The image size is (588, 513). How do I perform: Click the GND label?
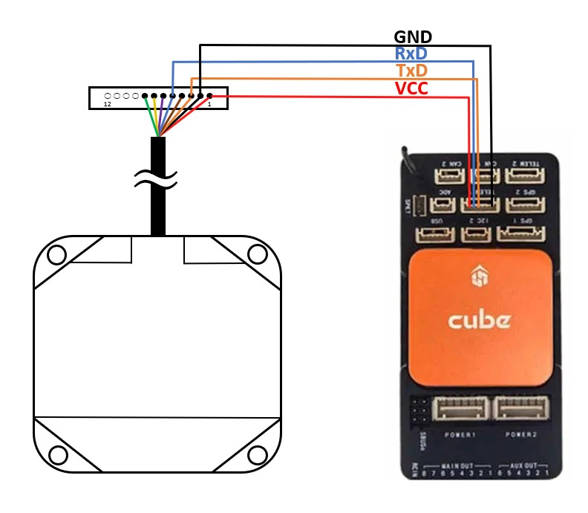click(413, 36)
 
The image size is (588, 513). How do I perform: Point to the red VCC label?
click(412, 88)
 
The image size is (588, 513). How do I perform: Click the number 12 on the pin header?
click(108, 105)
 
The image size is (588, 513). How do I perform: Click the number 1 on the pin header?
click(209, 105)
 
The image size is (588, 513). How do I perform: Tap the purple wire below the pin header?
click(162, 115)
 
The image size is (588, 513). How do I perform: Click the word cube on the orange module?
click(479, 320)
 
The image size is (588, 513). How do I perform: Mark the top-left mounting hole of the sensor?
click(56, 255)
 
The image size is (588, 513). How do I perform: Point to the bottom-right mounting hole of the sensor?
click(257, 454)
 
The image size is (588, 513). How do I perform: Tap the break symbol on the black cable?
click(157, 178)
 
